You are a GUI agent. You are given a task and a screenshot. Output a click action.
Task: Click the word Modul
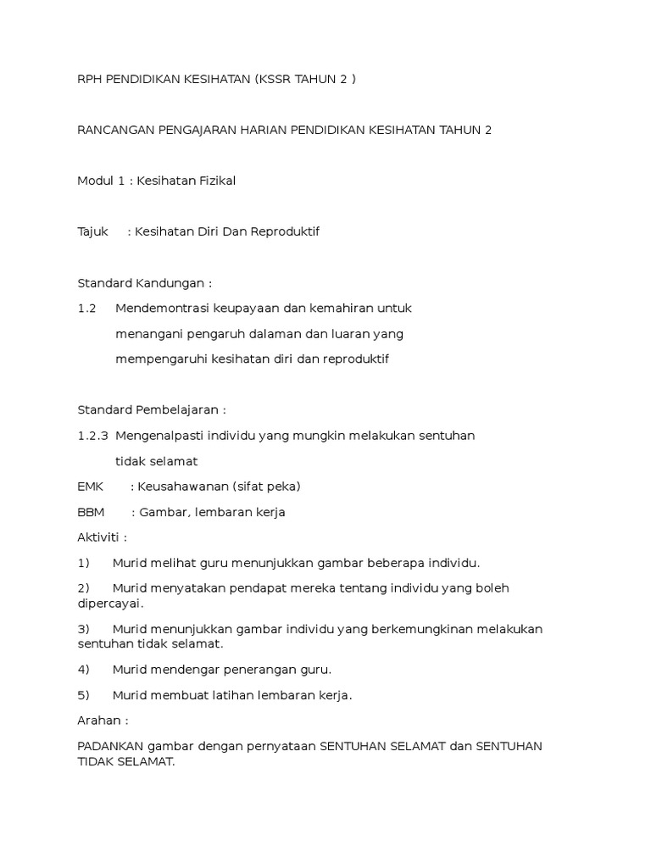(94, 180)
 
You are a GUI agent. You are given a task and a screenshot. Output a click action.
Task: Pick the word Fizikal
(213, 180)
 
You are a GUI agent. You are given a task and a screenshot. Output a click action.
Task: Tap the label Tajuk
(93, 231)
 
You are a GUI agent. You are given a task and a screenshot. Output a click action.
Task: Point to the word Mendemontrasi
(162, 308)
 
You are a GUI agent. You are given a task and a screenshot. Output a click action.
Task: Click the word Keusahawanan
(183, 486)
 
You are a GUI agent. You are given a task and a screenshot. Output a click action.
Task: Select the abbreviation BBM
(91, 511)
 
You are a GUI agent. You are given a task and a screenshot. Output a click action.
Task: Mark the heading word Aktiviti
(100, 537)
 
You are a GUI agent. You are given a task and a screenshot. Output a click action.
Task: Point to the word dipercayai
(109, 603)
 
